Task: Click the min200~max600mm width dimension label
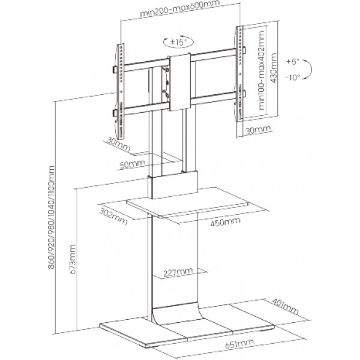[x=179, y=8]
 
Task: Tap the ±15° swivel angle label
[x=178, y=42]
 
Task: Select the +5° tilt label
[x=293, y=62]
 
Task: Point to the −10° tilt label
[x=293, y=77]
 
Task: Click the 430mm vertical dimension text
[x=274, y=68]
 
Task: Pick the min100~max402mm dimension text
[x=262, y=70]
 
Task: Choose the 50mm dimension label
[x=133, y=164]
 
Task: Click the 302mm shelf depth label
[x=113, y=216]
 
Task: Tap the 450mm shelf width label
[x=225, y=221]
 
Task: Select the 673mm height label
[x=73, y=259]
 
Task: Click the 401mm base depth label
[x=285, y=306]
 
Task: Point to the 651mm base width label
[x=239, y=344]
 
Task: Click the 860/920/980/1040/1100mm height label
[x=51, y=217]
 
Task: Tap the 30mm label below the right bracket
[x=258, y=130]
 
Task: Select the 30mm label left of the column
[x=118, y=145]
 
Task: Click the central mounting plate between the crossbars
[x=180, y=82]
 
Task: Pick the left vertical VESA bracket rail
[x=121, y=91]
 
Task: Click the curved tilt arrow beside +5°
[x=311, y=69]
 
